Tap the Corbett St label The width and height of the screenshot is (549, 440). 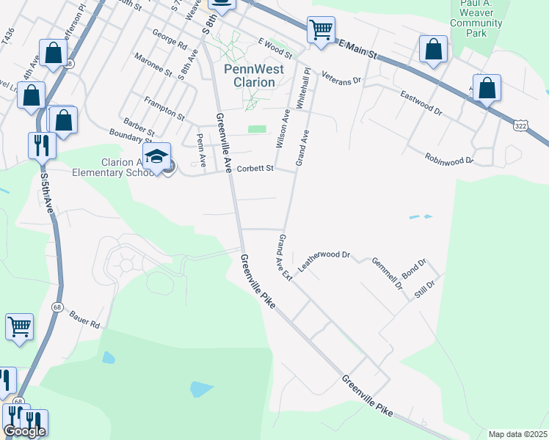[x=254, y=169]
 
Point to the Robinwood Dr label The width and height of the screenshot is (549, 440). [x=448, y=158]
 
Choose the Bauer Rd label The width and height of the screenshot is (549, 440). [x=84, y=320]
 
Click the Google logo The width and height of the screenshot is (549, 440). [x=24, y=431]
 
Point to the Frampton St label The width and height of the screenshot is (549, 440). [x=164, y=108]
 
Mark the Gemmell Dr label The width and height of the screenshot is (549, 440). [x=387, y=272]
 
